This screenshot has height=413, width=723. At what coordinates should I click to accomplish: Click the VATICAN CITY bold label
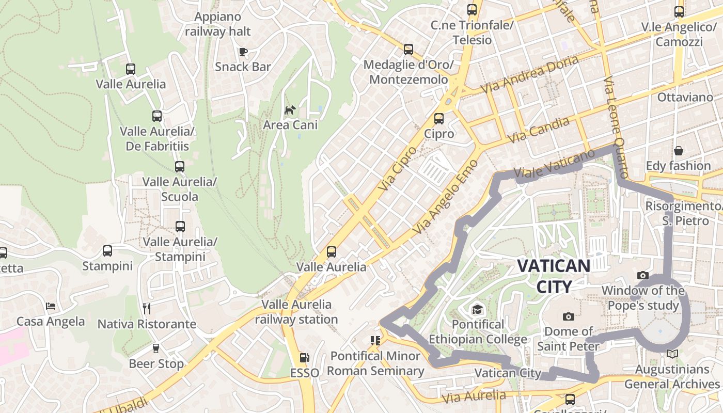click(x=554, y=276)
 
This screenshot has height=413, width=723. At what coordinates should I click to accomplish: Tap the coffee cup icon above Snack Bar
click(x=243, y=51)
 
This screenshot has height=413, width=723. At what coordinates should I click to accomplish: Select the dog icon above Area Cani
click(x=290, y=110)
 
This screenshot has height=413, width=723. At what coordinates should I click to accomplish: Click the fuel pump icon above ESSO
click(x=305, y=357)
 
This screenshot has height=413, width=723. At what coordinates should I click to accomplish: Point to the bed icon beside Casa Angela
click(x=51, y=306)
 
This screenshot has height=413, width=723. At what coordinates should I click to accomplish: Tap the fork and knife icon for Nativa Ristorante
click(x=147, y=309)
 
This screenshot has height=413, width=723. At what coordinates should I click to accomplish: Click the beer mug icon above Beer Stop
click(x=156, y=348)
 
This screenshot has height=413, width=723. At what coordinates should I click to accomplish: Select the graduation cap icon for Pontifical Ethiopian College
click(x=477, y=309)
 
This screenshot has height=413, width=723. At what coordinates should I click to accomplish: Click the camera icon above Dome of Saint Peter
click(x=568, y=316)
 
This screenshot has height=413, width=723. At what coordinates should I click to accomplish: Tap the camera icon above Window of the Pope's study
click(x=643, y=276)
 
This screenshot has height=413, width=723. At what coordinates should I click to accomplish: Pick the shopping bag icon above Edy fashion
click(x=679, y=151)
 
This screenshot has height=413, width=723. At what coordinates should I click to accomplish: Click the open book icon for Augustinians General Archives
click(x=672, y=354)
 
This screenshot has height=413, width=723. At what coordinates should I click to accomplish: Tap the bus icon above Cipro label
click(x=439, y=119)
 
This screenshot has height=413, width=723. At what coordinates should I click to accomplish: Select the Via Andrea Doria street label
click(x=530, y=74)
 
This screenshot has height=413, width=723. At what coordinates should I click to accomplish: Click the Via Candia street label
click(x=539, y=130)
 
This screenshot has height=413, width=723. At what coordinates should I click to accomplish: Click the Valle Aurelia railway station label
click(x=296, y=312)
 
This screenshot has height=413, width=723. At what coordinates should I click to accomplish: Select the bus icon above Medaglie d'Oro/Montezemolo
click(x=408, y=50)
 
